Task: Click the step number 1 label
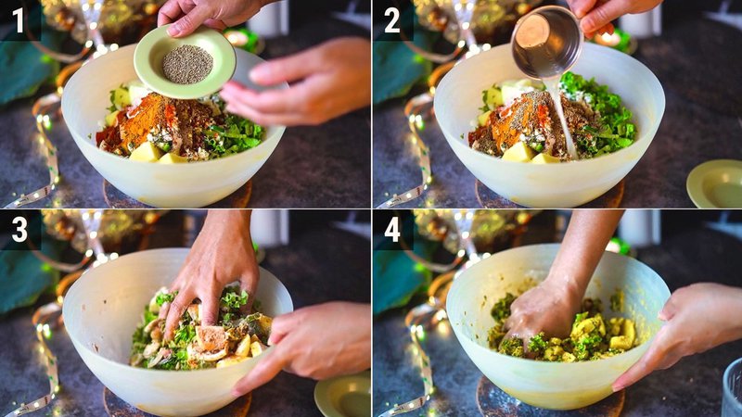19,20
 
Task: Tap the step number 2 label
391,20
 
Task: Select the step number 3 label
19,229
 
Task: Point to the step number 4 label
391,229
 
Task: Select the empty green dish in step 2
714,183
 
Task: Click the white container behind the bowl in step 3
269,227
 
